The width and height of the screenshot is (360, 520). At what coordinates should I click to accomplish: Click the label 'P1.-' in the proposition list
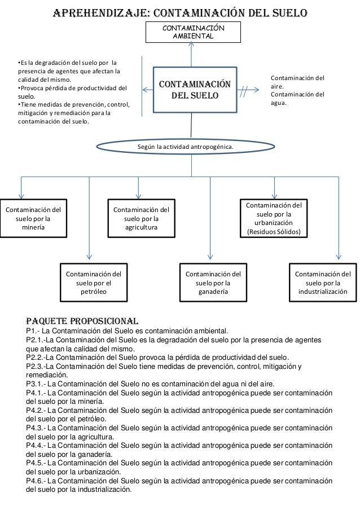(34, 331)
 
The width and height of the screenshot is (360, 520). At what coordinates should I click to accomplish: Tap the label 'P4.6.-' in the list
(37, 481)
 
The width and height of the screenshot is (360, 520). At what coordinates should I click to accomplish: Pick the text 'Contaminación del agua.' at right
(298, 99)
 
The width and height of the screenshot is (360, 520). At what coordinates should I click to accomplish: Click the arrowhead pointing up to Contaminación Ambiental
(192, 47)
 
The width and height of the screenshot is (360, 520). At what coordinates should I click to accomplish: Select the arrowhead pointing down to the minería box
(22, 195)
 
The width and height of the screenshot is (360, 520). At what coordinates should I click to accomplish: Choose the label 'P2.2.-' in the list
(37, 358)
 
